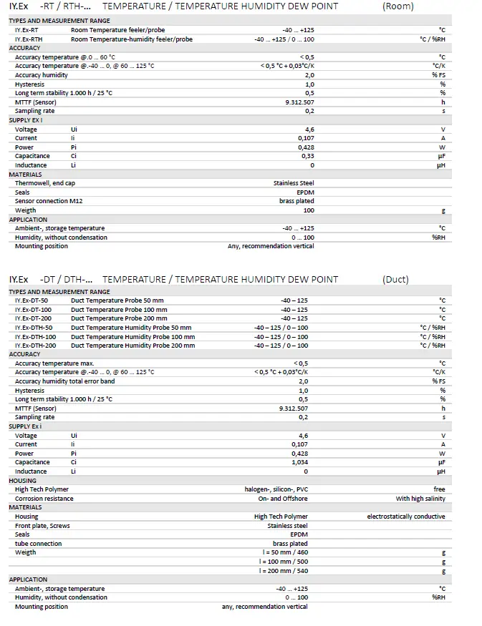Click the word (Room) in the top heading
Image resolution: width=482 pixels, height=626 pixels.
point(398,6)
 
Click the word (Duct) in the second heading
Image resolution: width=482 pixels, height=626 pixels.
point(395,279)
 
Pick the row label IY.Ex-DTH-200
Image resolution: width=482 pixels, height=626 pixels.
point(36,346)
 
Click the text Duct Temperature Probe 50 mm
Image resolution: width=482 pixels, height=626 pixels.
point(117,300)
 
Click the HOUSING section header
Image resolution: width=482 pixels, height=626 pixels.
point(22,481)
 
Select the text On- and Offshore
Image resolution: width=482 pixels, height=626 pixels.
point(283,499)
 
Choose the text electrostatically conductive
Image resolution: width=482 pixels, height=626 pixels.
point(406,517)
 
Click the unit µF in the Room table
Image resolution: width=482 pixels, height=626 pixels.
point(441,156)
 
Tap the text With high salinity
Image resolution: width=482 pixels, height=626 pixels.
point(420,499)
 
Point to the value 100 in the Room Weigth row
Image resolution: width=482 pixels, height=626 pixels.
point(309,210)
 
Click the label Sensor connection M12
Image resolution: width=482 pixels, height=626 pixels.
point(49,201)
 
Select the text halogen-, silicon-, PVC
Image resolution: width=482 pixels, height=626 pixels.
point(276,489)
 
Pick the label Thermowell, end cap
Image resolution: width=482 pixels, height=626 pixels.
point(45,183)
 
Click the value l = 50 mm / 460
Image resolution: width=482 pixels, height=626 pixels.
point(284,552)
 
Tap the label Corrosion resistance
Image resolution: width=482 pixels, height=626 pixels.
point(44,499)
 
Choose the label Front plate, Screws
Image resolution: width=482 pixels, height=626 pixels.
point(42,526)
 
